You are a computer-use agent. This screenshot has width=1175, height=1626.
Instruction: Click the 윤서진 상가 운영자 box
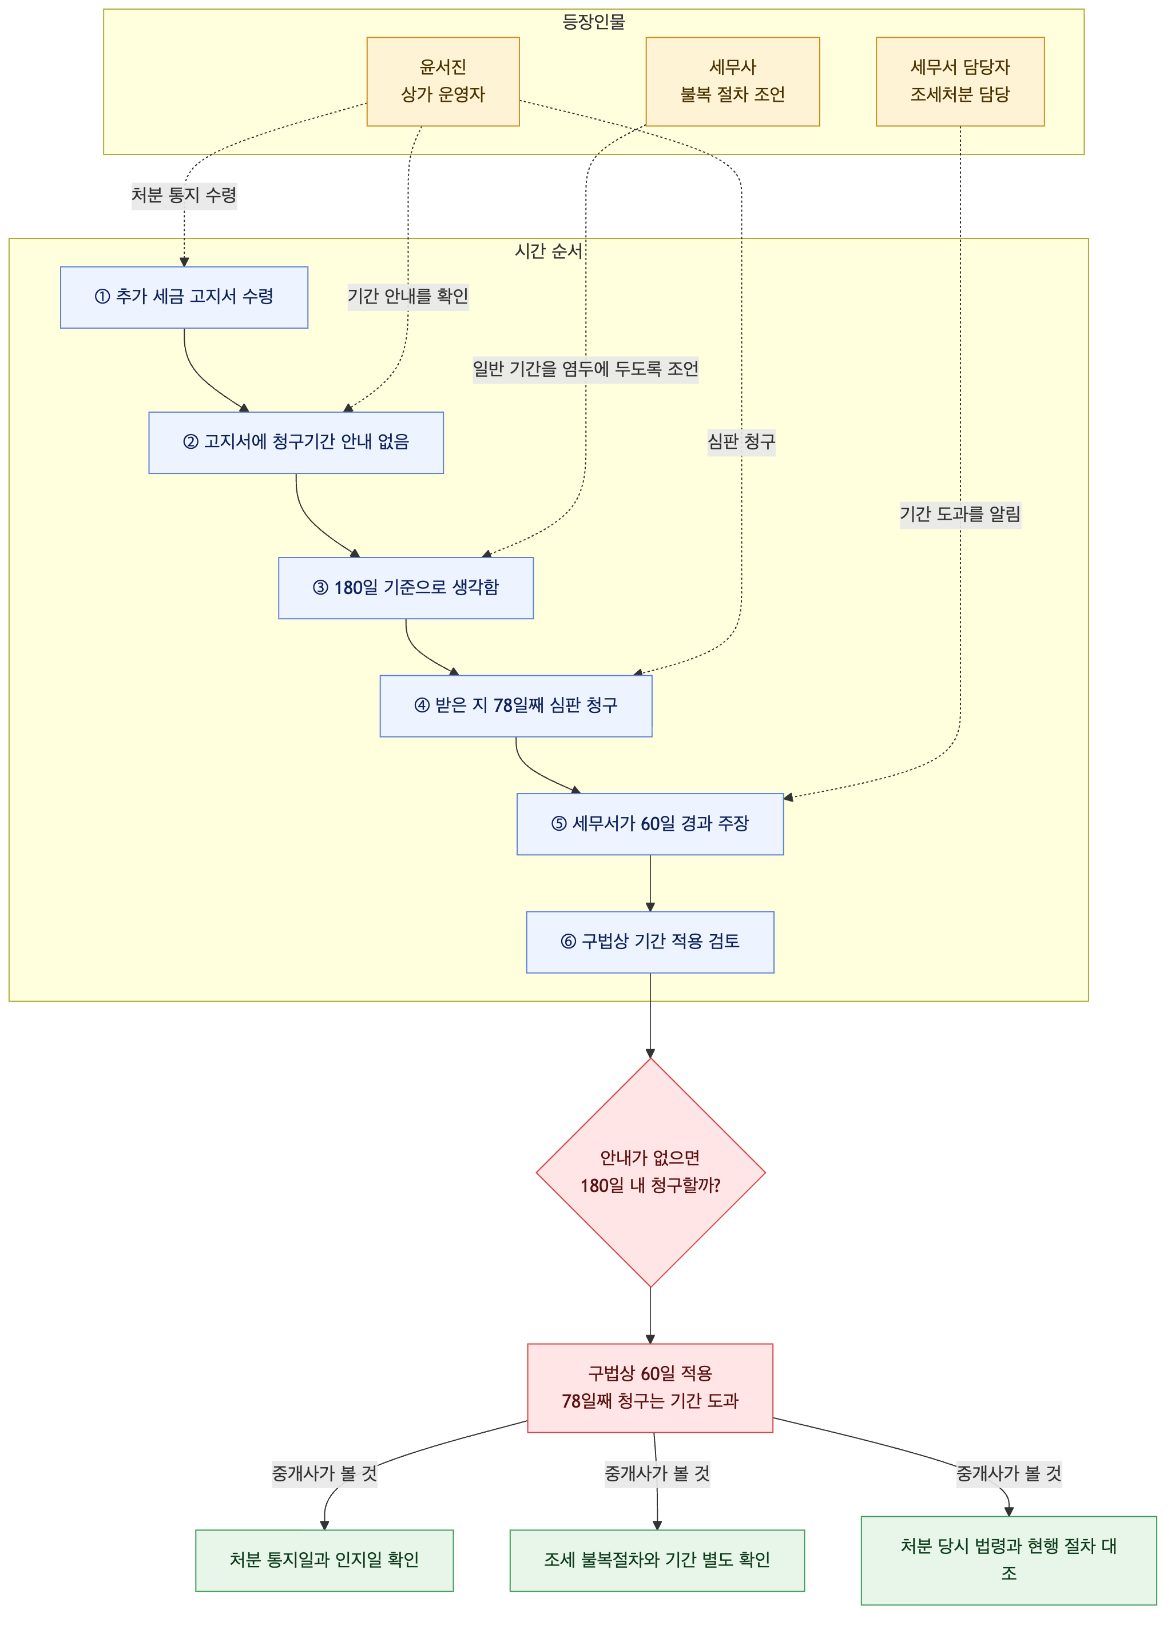click(443, 82)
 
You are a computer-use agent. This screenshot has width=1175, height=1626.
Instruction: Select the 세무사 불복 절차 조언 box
click(732, 82)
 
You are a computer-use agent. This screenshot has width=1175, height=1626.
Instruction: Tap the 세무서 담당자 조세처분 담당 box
click(960, 82)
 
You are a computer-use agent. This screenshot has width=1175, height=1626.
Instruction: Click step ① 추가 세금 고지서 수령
click(184, 297)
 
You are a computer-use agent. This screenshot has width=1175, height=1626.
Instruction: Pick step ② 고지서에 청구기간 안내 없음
click(296, 443)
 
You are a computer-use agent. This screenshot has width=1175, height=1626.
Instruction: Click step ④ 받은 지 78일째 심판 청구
click(516, 706)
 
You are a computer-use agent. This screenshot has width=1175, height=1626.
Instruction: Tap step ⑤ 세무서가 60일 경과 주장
click(650, 824)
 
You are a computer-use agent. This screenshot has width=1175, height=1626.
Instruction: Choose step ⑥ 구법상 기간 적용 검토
click(650, 942)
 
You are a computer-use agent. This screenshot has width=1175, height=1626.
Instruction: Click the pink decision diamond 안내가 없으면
click(650, 1172)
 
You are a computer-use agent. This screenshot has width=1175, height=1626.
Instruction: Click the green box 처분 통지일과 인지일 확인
click(324, 1561)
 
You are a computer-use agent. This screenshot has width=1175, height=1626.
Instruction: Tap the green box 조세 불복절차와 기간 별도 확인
click(657, 1561)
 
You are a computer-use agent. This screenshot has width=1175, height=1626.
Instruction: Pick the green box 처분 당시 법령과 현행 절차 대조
click(1009, 1561)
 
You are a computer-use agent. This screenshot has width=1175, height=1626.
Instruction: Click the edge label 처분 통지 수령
click(184, 195)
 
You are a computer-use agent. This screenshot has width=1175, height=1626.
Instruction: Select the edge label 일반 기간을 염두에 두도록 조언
click(585, 369)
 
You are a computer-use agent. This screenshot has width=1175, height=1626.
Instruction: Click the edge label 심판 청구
click(741, 441)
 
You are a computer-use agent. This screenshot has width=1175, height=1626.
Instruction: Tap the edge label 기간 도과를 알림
click(960, 514)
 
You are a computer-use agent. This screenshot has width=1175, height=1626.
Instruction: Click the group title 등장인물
click(593, 22)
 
